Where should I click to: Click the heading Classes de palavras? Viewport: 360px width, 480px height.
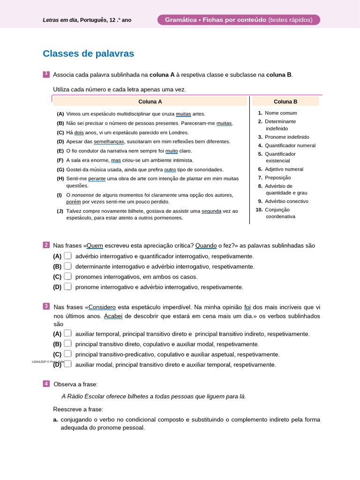[88, 54]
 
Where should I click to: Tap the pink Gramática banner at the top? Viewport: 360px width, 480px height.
[239, 20]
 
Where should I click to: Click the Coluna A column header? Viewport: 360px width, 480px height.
[150, 101]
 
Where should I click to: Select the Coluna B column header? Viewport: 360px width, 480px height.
[285, 101]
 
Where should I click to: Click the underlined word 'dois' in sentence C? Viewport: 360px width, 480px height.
[79, 133]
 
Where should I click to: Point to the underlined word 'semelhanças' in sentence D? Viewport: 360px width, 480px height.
[109, 142]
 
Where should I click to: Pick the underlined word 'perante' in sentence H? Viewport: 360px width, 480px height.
[97, 179]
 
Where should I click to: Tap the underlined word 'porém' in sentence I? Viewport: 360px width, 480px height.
[74, 202]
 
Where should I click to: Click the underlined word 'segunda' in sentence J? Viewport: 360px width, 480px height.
[211, 211]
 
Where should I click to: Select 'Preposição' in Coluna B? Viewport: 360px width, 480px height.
[277, 178]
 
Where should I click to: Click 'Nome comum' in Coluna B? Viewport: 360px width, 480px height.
[281, 113]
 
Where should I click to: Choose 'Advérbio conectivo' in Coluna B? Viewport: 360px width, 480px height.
[286, 201]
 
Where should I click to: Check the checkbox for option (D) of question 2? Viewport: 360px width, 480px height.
[68, 286]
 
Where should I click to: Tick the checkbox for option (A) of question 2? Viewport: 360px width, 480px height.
[68, 256]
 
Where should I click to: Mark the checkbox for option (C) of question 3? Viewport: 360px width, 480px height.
[68, 354]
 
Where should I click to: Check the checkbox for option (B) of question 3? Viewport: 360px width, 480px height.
[68, 344]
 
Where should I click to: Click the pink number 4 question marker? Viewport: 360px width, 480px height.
[46, 383]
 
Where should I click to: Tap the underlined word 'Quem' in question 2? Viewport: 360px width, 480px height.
[95, 246]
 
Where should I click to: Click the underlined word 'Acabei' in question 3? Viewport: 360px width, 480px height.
[113, 316]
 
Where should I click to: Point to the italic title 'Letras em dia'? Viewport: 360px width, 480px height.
[60, 20]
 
